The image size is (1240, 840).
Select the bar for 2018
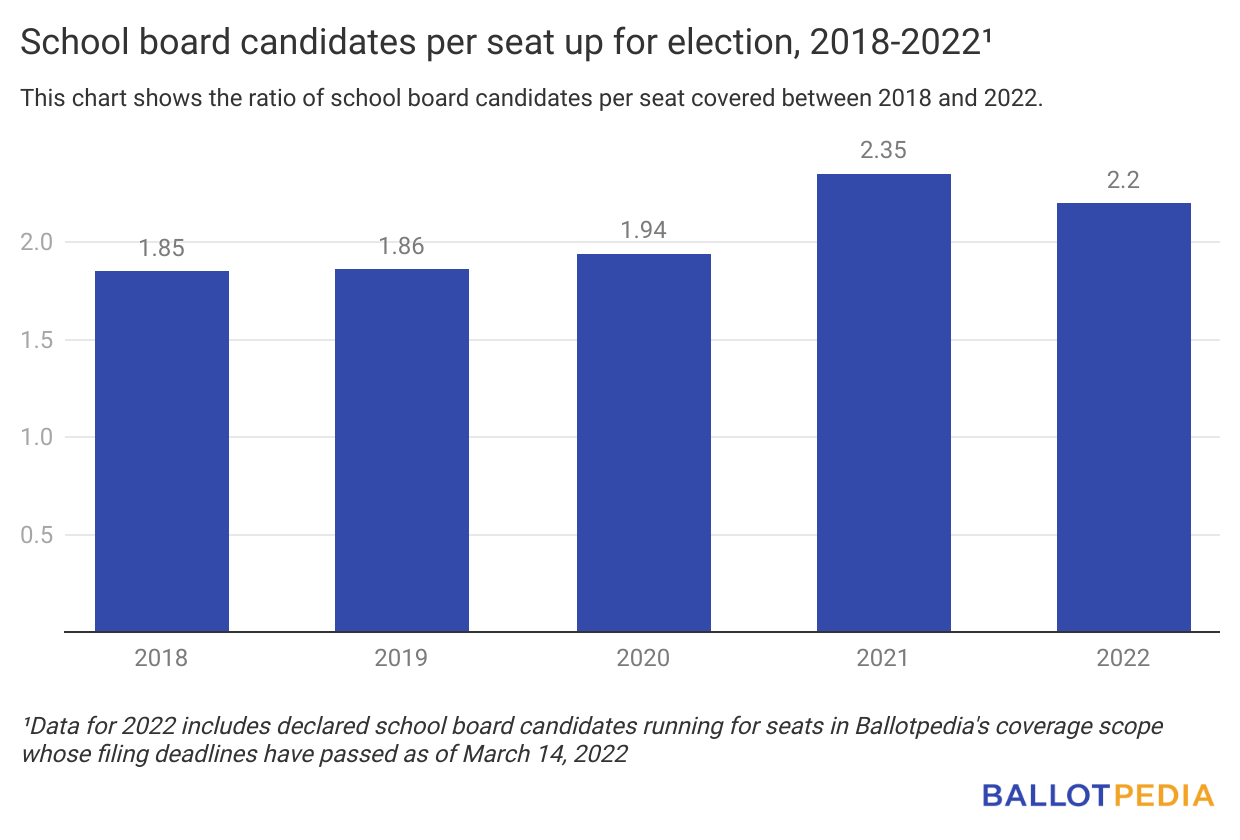tap(162, 451)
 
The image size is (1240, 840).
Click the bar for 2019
tap(402, 450)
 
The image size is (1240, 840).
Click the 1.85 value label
tap(162, 248)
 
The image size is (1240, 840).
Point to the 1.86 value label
tap(402, 246)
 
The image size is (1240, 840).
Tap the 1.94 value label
tap(643, 231)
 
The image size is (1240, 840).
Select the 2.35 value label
tap(884, 151)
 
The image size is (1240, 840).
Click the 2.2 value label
tap(1124, 180)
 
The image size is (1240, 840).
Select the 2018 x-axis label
tap(162, 658)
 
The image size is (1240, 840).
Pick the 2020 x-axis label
tap(643, 658)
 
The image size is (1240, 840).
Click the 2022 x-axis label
tap(1124, 658)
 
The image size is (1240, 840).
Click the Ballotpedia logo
tap(1097, 795)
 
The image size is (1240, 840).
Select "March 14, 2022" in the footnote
tap(545, 753)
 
